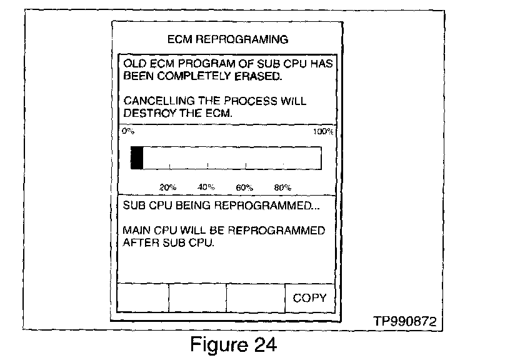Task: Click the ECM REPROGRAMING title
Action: pyautogui.click(x=228, y=39)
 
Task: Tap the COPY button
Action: pyautogui.click(x=309, y=297)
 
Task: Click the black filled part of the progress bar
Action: pyautogui.click(x=137, y=158)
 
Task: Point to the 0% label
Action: pyautogui.click(x=127, y=132)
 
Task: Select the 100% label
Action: pyautogui.click(x=323, y=132)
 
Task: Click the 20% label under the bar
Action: pyautogui.click(x=167, y=187)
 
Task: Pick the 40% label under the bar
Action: pyautogui.click(x=206, y=187)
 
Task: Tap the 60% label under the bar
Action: pyautogui.click(x=244, y=187)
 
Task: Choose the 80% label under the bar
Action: pyautogui.click(x=282, y=187)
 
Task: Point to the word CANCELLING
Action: pyautogui.click(x=153, y=102)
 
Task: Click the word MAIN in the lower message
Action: pyautogui.click(x=137, y=231)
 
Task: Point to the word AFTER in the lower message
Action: pyautogui.click(x=141, y=242)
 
